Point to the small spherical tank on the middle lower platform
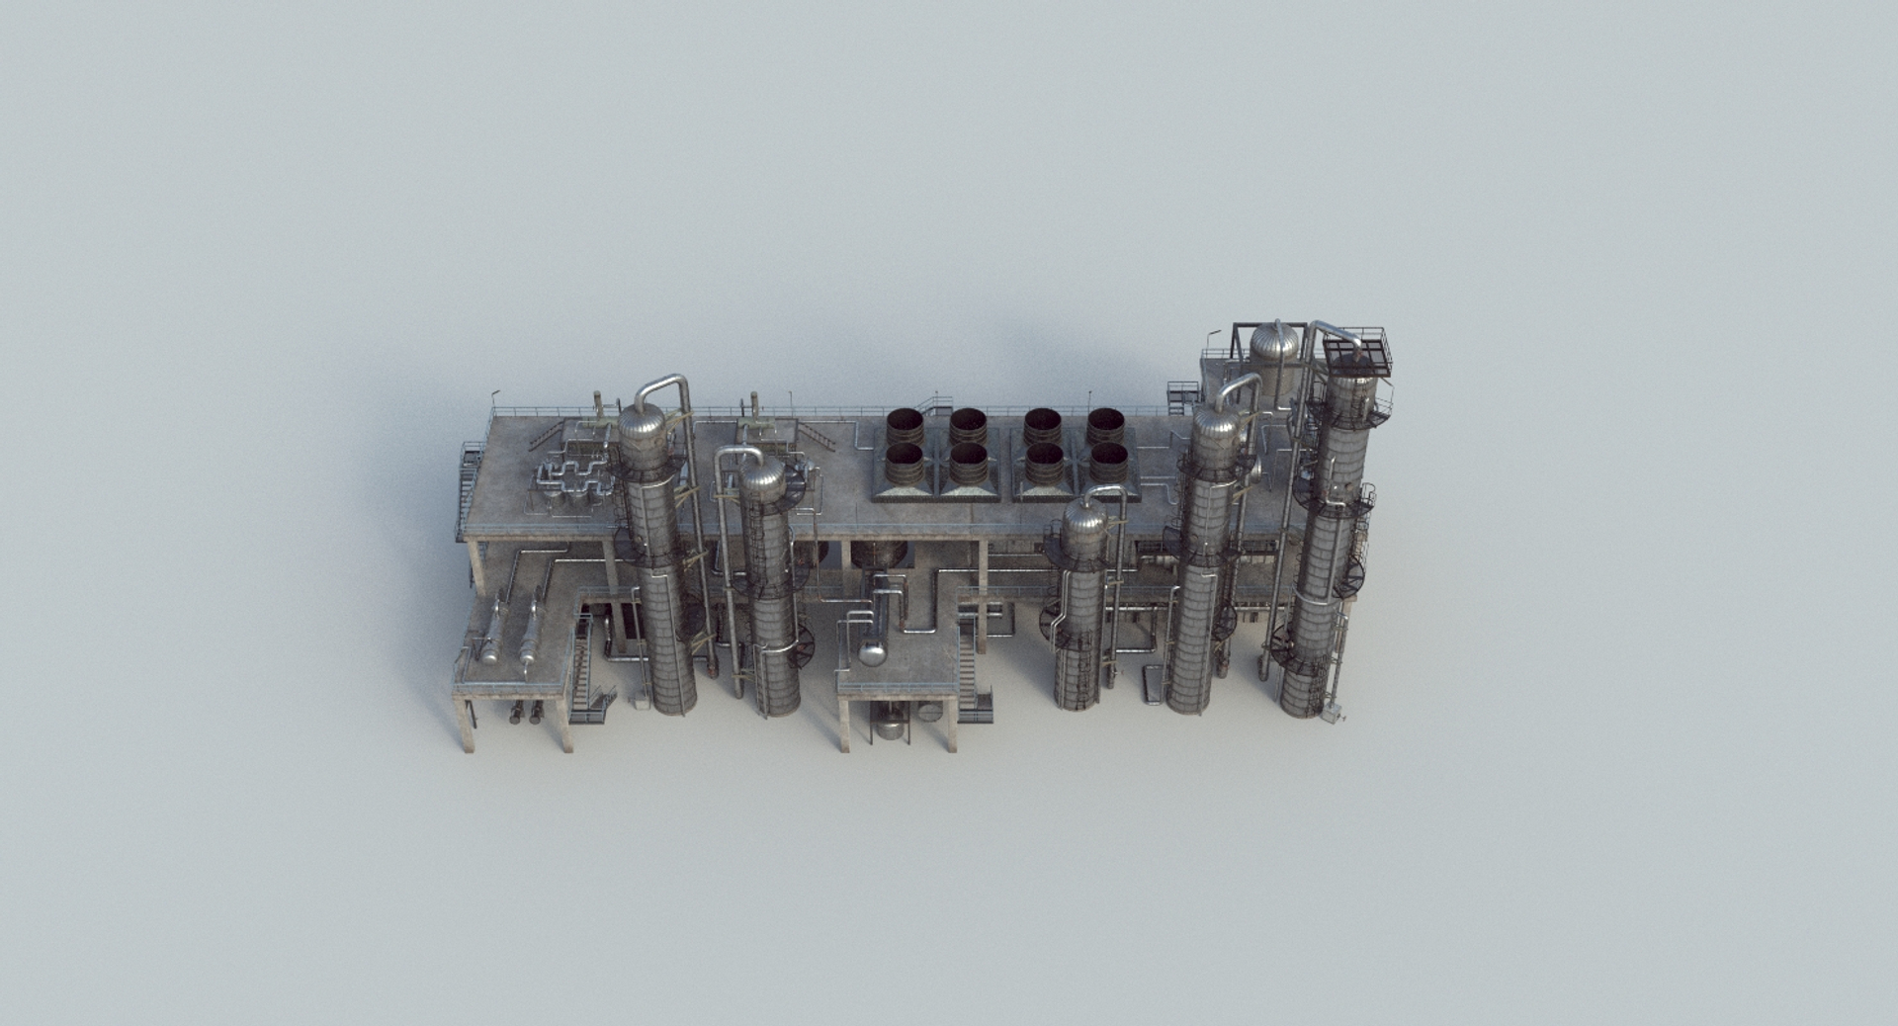(872, 651)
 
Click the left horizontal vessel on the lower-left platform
(491, 632)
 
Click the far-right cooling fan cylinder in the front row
(1108, 460)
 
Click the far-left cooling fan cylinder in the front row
(904, 461)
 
